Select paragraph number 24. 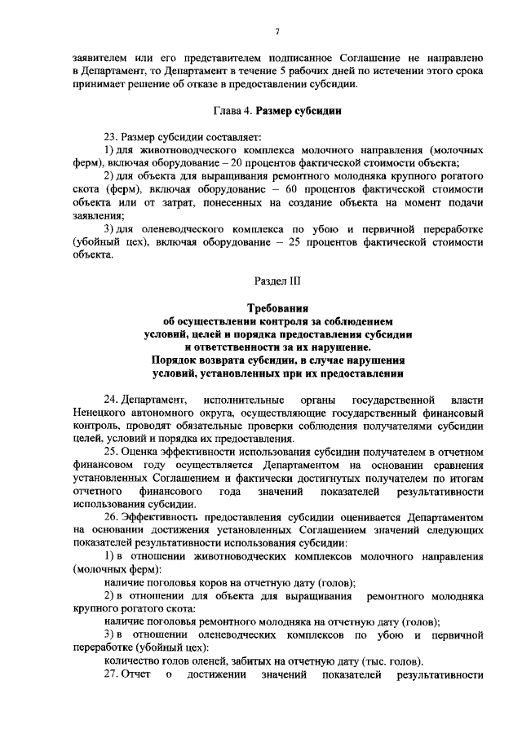(x=111, y=400)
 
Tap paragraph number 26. (x=111, y=517)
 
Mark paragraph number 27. (x=111, y=675)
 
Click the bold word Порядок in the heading (x=175, y=360)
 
